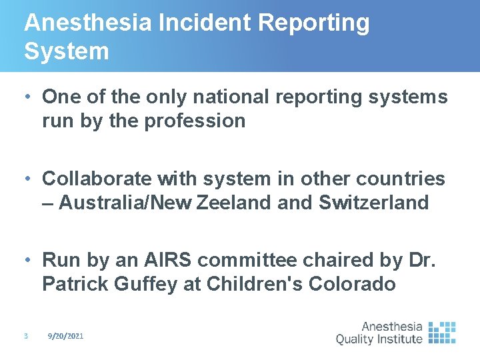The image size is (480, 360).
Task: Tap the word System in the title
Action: (67, 51)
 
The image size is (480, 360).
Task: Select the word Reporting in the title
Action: (313, 23)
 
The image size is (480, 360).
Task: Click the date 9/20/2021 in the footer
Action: (65, 337)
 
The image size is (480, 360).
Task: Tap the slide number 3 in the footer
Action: (25, 337)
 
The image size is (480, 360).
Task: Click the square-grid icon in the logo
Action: (442, 332)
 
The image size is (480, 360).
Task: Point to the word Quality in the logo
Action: (360, 339)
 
